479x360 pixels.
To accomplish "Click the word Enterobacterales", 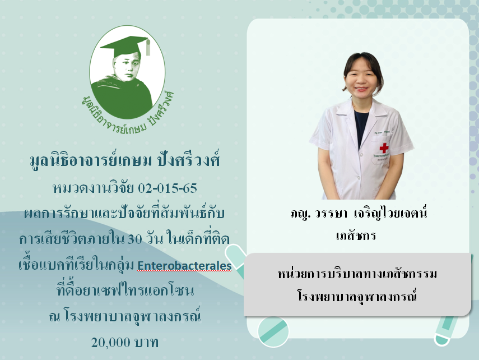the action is click(184, 265).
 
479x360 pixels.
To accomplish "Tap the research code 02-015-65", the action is click(168, 188).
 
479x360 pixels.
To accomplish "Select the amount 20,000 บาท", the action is click(124, 342).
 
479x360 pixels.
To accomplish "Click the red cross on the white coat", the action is click(384, 148).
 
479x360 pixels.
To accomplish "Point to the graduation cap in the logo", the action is click(126, 46).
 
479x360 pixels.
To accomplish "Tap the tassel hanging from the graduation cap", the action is click(148, 48).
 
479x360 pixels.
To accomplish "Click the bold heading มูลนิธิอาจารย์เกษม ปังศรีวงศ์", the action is click(125, 160).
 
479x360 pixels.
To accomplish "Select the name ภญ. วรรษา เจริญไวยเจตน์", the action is click(359, 213).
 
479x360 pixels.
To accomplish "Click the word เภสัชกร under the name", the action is click(356, 236).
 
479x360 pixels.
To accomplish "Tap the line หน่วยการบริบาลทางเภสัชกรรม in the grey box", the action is click(357, 273).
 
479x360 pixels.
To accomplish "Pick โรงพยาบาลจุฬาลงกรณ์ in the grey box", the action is click(357, 296).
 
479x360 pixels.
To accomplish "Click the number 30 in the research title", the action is click(134, 239).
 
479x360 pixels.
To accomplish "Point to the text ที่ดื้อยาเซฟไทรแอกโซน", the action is click(125, 289).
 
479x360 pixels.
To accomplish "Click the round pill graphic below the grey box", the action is click(273, 332).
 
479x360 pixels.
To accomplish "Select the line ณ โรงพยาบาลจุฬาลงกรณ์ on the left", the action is click(124, 316).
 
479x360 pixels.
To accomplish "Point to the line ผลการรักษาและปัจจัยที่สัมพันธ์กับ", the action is click(124, 213).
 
